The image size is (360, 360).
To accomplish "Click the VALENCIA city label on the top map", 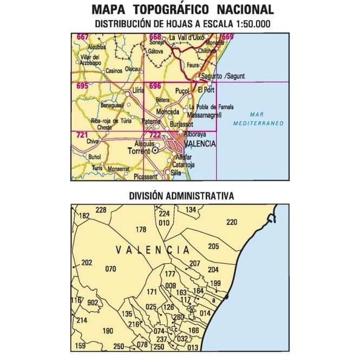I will tap(200, 144).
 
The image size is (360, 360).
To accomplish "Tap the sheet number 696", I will tap(155, 86).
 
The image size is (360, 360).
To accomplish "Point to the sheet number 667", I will tap(83, 37).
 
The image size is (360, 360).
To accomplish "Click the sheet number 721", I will tap(82, 135).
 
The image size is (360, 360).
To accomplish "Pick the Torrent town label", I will tap(139, 152).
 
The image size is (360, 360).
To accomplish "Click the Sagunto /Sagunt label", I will tap(219, 75).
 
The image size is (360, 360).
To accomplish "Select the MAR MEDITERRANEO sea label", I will tap(258, 119).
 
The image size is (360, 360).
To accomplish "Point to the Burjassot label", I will tap(181, 124).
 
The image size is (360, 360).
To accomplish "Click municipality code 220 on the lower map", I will tap(232, 222).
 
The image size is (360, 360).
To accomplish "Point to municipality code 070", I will tap(111, 269).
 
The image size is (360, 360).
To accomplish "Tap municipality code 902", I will tap(92, 303).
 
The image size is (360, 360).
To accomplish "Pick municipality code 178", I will tap(141, 230).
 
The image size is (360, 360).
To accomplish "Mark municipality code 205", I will tap(213, 246).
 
